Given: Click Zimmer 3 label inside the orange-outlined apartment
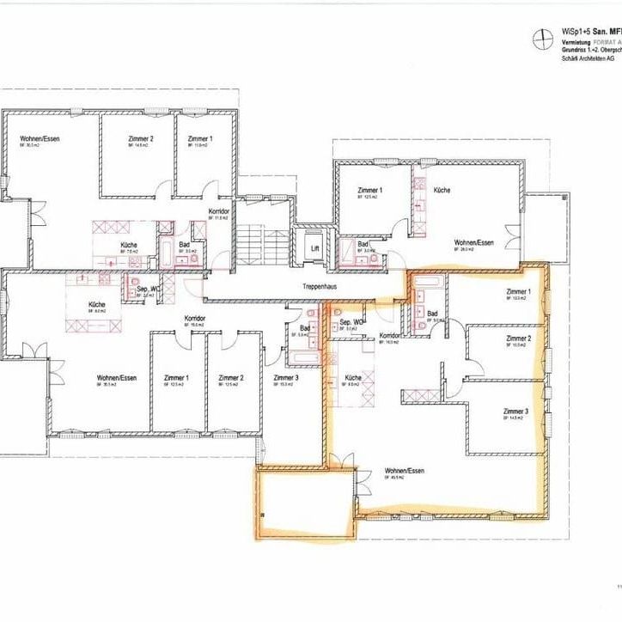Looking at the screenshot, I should coord(516,412).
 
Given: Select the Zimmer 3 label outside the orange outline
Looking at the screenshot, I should coord(286,378).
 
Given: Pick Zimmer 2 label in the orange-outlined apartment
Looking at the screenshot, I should coord(517,338).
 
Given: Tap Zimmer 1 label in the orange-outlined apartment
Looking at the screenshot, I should coord(518,293).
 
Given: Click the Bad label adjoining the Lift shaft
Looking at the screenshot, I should coord(363,245).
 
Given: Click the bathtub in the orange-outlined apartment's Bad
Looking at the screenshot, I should coord(430,283).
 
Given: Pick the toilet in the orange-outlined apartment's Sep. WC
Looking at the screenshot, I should coord(338,313).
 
